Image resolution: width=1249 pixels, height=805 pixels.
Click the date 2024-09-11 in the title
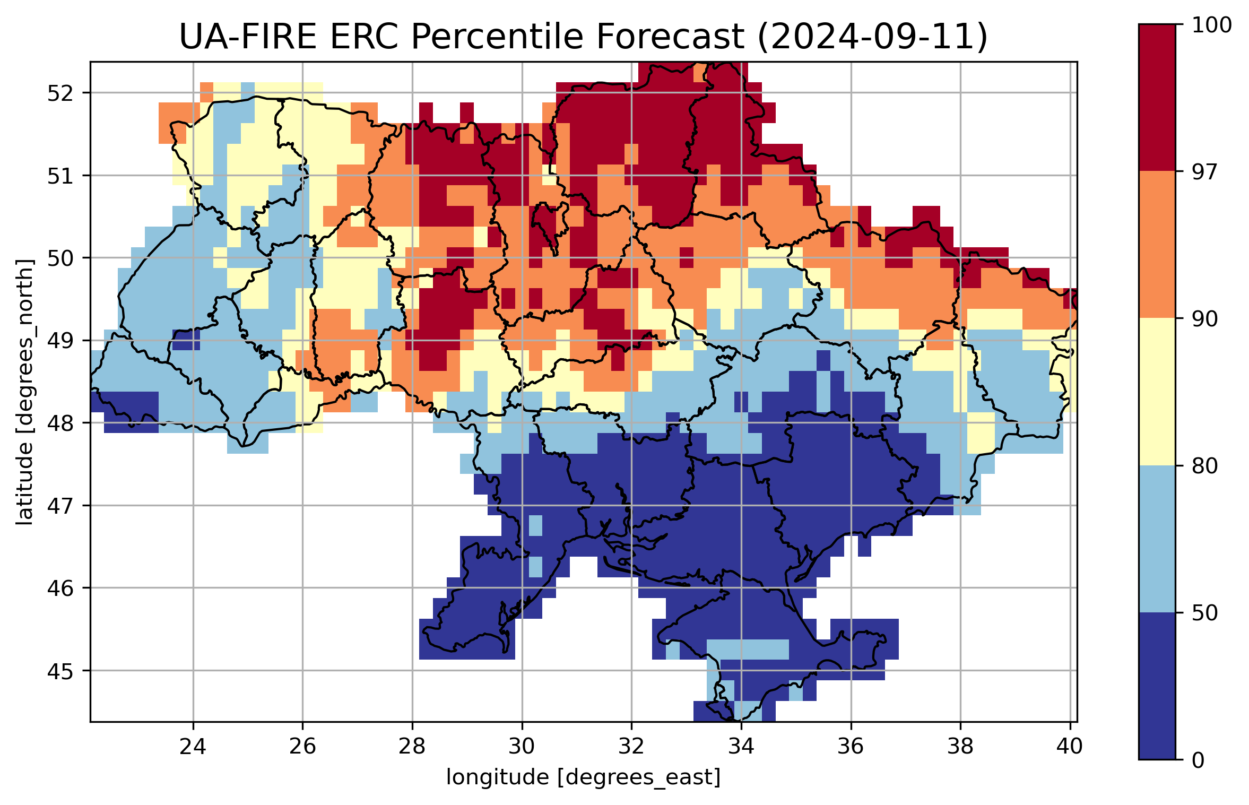(x=872, y=37)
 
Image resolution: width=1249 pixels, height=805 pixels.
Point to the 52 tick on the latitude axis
(x=60, y=93)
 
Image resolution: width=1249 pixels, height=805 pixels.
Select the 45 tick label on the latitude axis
(x=60, y=671)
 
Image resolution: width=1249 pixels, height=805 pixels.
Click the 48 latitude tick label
(x=60, y=423)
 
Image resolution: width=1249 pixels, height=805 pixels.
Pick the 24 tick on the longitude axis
(x=193, y=747)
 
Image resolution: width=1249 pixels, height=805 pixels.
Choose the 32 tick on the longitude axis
(x=631, y=747)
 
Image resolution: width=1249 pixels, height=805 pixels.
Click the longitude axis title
(x=583, y=777)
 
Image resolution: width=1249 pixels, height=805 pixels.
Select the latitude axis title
(x=24, y=392)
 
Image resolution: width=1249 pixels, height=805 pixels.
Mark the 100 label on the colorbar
(x=1211, y=25)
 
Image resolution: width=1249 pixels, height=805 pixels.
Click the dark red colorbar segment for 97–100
(x=1157, y=98)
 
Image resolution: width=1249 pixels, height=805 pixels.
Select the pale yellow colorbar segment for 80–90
(x=1157, y=392)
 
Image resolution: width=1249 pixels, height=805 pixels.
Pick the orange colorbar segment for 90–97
(x=1157, y=244)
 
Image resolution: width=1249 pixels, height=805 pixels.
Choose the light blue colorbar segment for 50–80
(x=1157, y=539)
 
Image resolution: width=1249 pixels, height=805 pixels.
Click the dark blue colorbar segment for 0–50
(x=1157, y=686)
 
